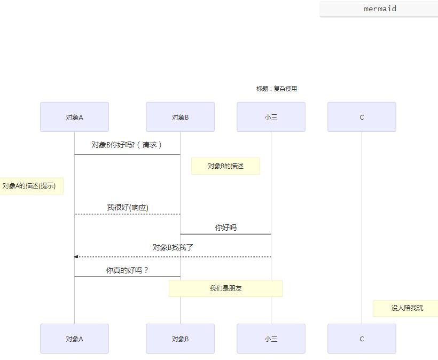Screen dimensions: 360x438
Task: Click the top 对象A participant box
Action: click(x=74, y=117)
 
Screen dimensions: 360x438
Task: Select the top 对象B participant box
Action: click(x=180, y=117)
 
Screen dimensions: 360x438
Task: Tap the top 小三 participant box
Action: click(x=271, y=117)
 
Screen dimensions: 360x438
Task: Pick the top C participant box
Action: click(x=362, y=117)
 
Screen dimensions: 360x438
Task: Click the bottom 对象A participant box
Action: click(x=74, y=339)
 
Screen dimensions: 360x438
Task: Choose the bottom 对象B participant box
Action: click(x=180, y=339)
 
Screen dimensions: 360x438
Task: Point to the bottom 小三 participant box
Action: click(x=271, y=339)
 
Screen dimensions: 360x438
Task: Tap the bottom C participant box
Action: click(x=362, y=339)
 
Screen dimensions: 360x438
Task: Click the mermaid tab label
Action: click(x=380, y=9)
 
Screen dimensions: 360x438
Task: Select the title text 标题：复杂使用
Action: click(x=276, y=89)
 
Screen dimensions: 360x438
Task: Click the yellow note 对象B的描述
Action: click(x=225, y=166)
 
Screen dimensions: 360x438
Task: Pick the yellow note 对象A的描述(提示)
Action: click(x=29, y=186)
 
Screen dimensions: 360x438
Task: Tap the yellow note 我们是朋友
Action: click(x=225, y=288)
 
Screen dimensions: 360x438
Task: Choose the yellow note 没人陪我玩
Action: click(x=406, y=308)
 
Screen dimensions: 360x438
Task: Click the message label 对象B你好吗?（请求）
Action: click(x=127, y=145)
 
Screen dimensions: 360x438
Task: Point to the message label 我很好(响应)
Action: click(x=127, y=207)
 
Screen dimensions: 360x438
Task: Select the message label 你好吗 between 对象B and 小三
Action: click(x=225, y=228)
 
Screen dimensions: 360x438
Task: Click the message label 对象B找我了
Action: click(x=173, y=247)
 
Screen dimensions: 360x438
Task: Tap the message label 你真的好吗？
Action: click(x=127, y=270)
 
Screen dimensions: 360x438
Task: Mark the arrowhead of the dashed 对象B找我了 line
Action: click(x=76, y=257)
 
